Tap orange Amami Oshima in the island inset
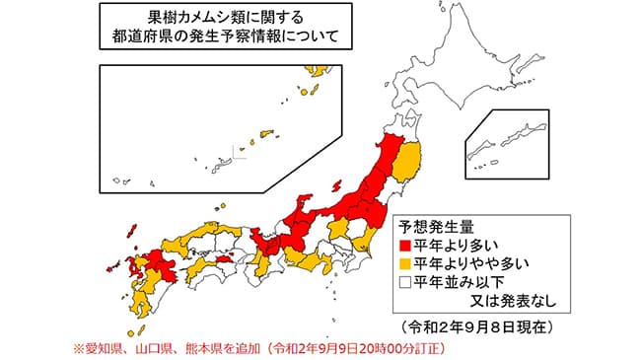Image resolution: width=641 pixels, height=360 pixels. pyautogui.click(x=265, y=132)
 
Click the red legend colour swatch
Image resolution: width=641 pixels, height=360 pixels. pyautogui.click(x=404, y=245)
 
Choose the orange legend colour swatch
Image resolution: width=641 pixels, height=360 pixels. pyautogui.click(x=404, y=262)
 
